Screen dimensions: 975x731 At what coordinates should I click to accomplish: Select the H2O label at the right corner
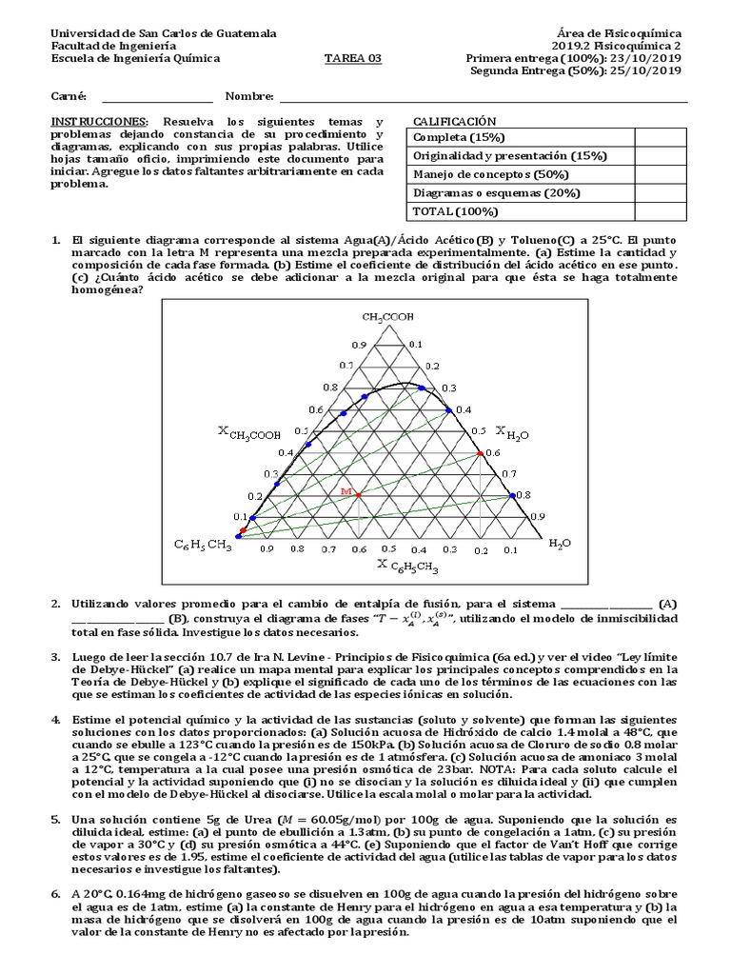point(561,543)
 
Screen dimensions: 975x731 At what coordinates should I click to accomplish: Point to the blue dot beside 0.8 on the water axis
point(512,495)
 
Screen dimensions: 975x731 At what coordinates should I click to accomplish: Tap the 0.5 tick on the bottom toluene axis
point(388,549)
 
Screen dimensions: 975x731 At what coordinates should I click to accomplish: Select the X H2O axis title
point(512,430)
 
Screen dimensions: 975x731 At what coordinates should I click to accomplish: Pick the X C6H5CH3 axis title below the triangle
point(408,566)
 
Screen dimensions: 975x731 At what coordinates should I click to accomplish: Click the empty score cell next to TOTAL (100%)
point(661,210)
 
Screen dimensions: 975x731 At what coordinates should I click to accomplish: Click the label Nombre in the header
point(249,97)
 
